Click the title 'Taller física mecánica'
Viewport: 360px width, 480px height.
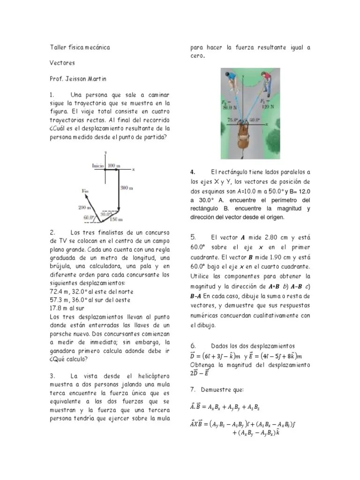click(x=80, y=48)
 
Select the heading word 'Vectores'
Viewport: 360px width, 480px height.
click(x=62, y=62)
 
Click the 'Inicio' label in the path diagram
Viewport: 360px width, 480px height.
click(x=98, y=165)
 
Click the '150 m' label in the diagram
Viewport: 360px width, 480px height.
click(x=116, y=219)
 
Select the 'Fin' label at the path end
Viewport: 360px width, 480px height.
click(x=85, y=191)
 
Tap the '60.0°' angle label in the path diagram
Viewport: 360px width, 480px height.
click(x=89, y=217)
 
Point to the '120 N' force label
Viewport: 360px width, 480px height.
click(x=268, y=106)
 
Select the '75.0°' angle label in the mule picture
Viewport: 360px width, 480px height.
click(x=232, y=120)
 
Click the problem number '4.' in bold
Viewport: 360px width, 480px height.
click(x=193, y=172)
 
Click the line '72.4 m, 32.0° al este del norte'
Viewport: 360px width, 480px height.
click(x=90, y=292)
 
